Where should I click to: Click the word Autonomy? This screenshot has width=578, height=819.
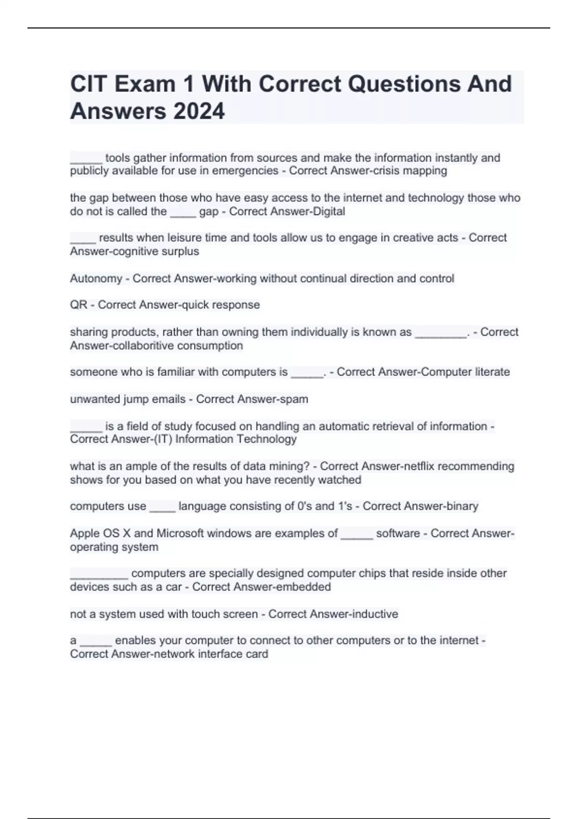click(x=96, y=278)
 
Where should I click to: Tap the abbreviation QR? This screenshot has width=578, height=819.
click(x=79, y=305)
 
